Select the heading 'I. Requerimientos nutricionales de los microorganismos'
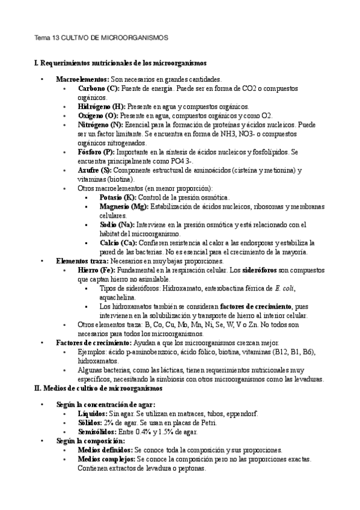(x=120, y=63)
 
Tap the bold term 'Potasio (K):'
(x=118, y=197)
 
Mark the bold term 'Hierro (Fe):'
(x=96, y=270)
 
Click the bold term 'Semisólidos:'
(x=99, y=431)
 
